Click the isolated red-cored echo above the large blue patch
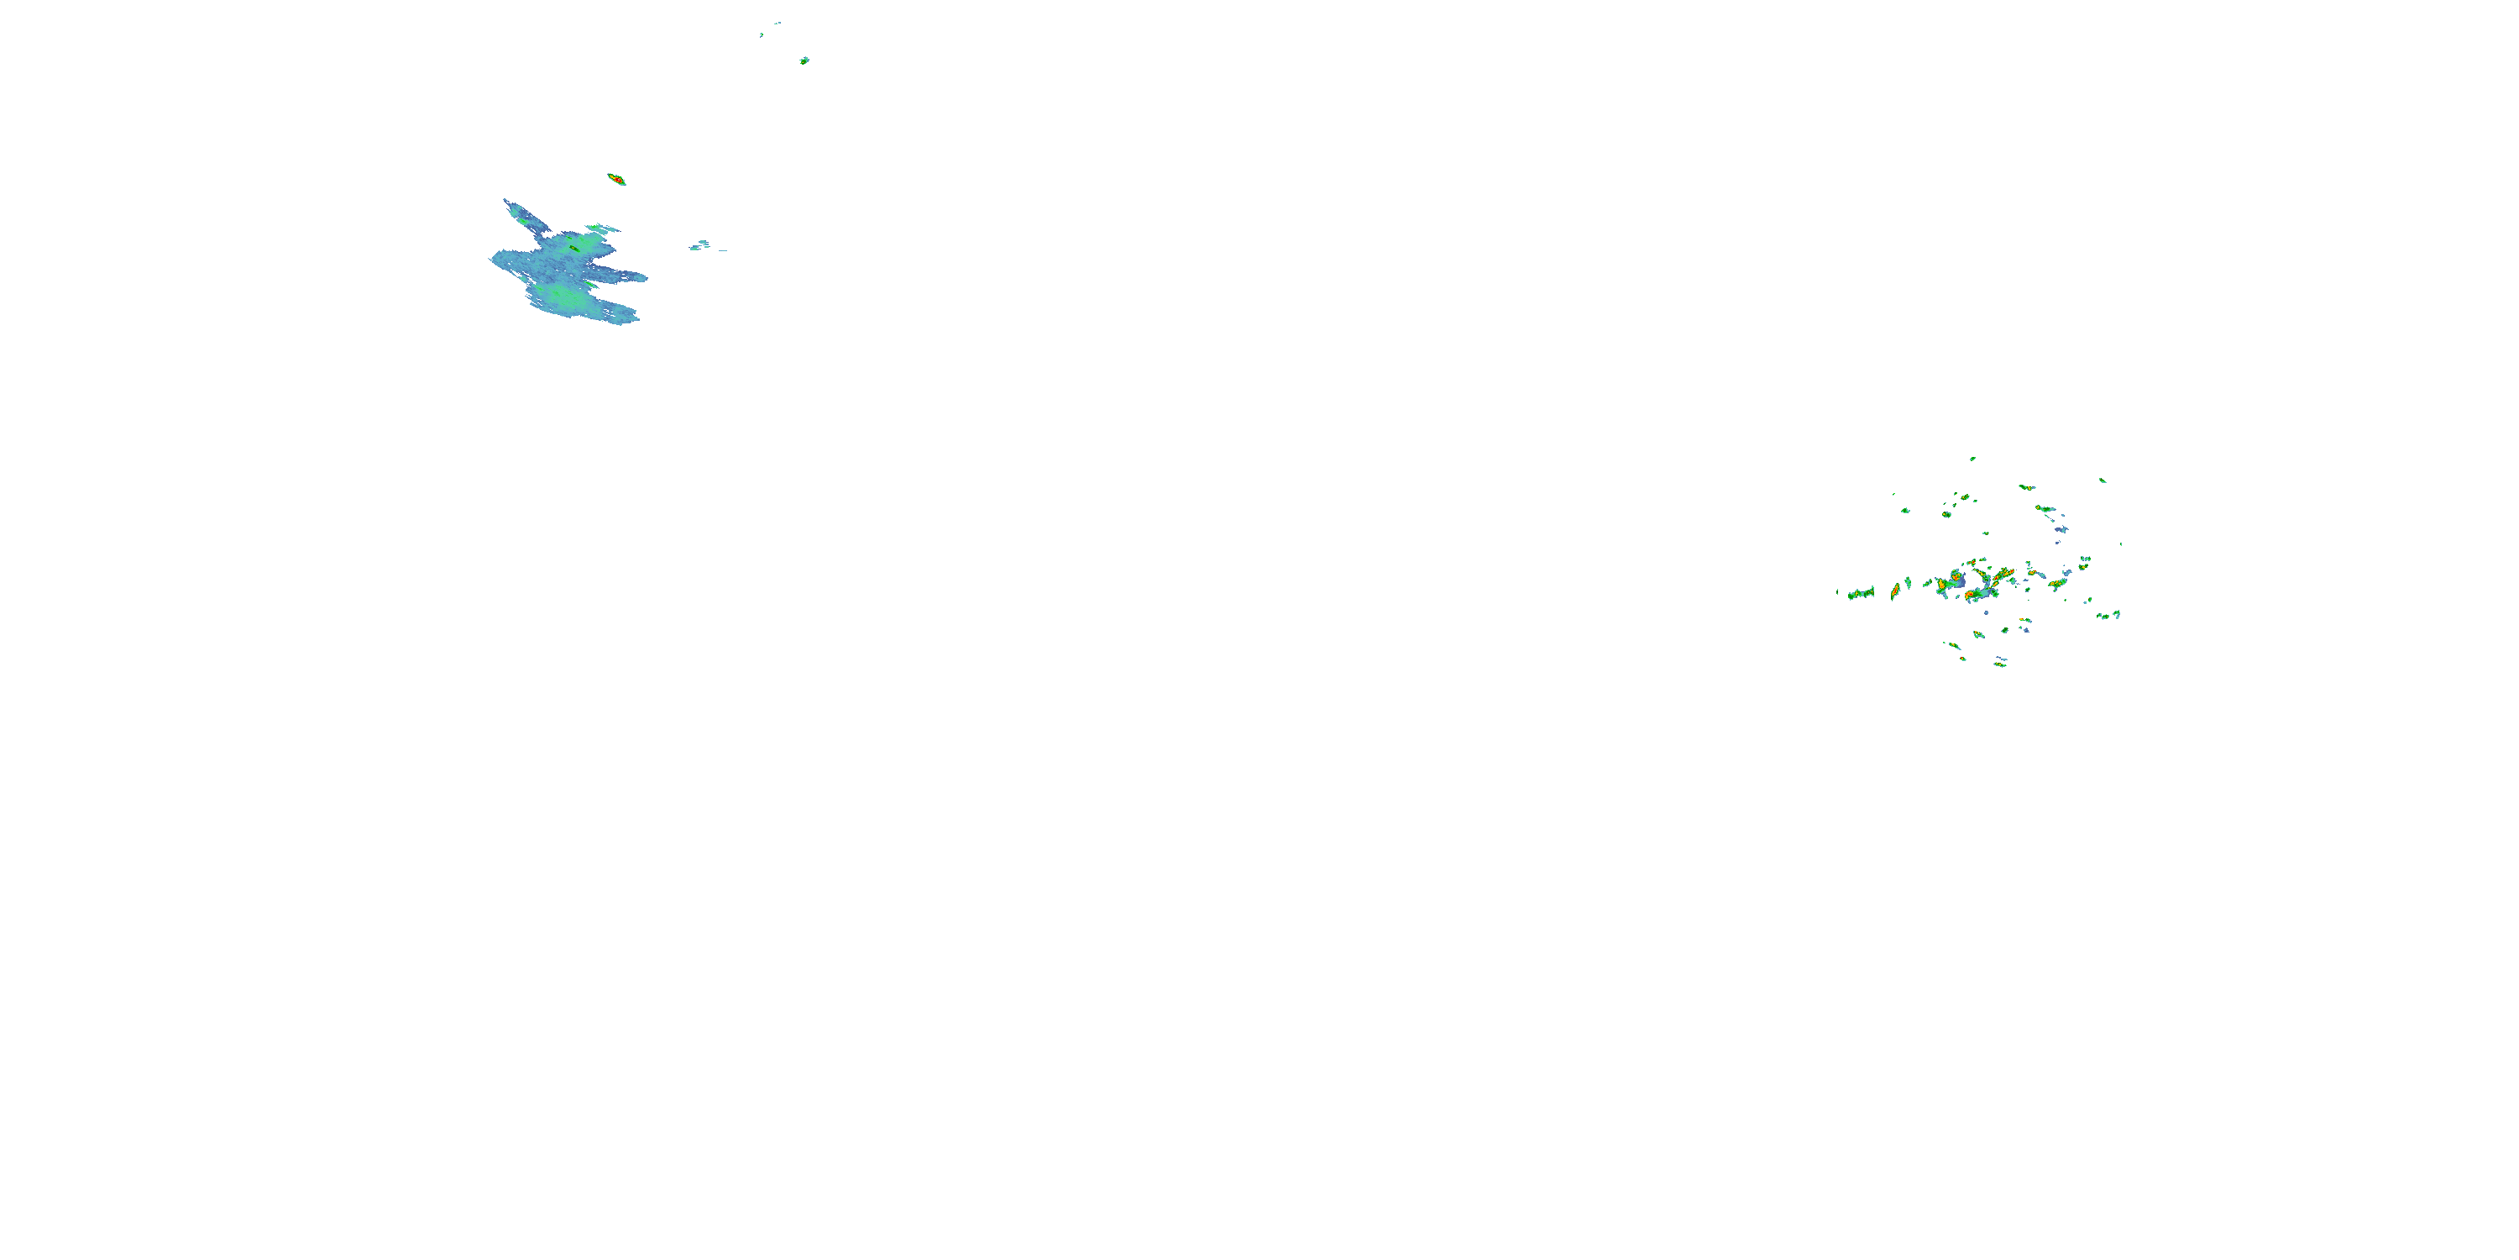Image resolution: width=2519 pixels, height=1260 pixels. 617,180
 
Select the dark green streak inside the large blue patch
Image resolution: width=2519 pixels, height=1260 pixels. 574,249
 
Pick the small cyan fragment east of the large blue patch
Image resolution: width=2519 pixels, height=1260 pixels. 700,245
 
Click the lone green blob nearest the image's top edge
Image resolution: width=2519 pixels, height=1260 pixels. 804,60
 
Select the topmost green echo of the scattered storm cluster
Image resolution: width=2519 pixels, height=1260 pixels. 1972,459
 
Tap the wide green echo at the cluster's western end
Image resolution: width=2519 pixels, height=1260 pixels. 1862,593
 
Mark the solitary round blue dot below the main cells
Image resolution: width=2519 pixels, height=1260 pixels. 1986,612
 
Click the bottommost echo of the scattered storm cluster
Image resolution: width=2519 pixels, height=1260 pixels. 2000,665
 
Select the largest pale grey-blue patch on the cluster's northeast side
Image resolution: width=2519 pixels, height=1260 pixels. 2062,529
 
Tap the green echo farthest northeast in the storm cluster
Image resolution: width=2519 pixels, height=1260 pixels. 2103,480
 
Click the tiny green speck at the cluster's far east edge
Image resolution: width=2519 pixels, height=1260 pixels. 2121,544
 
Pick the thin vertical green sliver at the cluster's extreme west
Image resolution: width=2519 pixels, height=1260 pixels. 1837,592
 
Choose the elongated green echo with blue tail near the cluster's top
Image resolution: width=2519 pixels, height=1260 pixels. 2028,487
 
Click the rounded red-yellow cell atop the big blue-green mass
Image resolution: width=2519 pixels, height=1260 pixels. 1956,576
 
